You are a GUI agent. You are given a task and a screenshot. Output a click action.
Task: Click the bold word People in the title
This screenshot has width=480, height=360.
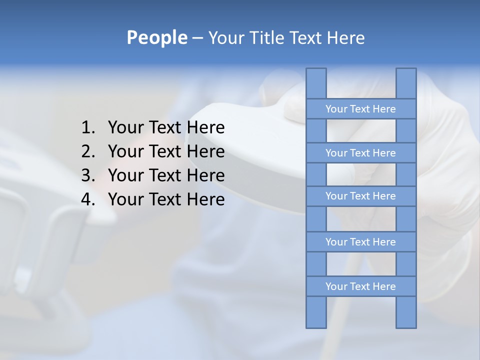coord(156,37)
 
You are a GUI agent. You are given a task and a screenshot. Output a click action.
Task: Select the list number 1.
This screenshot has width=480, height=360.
coord(87,128)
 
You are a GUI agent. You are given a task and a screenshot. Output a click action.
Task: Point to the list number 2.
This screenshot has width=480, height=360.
coord(87,151)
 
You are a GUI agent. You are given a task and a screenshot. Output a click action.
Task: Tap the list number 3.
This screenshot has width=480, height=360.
coord(87,175)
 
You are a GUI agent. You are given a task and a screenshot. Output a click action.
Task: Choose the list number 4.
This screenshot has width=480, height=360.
coord(87,199)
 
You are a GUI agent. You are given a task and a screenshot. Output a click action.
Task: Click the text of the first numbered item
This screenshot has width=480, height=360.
coord(166,128)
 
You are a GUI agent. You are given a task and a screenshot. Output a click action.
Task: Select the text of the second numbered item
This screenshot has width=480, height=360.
coord(166,151)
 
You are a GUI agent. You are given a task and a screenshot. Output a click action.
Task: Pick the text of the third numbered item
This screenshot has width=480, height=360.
coord(166,175)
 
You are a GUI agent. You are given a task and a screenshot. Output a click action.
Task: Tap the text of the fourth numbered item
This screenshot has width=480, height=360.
coord(166,199)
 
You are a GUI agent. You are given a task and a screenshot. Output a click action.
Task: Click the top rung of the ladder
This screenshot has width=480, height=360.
coord(360,109)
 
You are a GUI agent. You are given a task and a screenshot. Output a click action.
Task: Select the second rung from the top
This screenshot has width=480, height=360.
coord(360,153)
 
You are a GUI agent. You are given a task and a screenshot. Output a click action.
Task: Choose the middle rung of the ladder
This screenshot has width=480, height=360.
coord(360,196)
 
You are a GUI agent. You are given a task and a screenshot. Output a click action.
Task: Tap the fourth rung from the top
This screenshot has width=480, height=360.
coord(360,242)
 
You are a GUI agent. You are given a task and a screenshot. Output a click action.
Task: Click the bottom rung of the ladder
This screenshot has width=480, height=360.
coord(360,286)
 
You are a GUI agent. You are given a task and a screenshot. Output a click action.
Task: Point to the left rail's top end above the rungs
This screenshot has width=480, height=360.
coord(316,83)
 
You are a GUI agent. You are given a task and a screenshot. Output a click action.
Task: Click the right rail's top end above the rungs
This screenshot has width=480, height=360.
coord(406,83)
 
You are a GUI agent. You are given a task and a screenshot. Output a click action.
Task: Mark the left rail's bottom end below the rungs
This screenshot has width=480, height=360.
coord(316,312)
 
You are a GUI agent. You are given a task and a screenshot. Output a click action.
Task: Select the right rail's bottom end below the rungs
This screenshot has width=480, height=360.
coord(406,312)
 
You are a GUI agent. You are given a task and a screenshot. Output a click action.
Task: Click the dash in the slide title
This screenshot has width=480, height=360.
coord(197,38)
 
